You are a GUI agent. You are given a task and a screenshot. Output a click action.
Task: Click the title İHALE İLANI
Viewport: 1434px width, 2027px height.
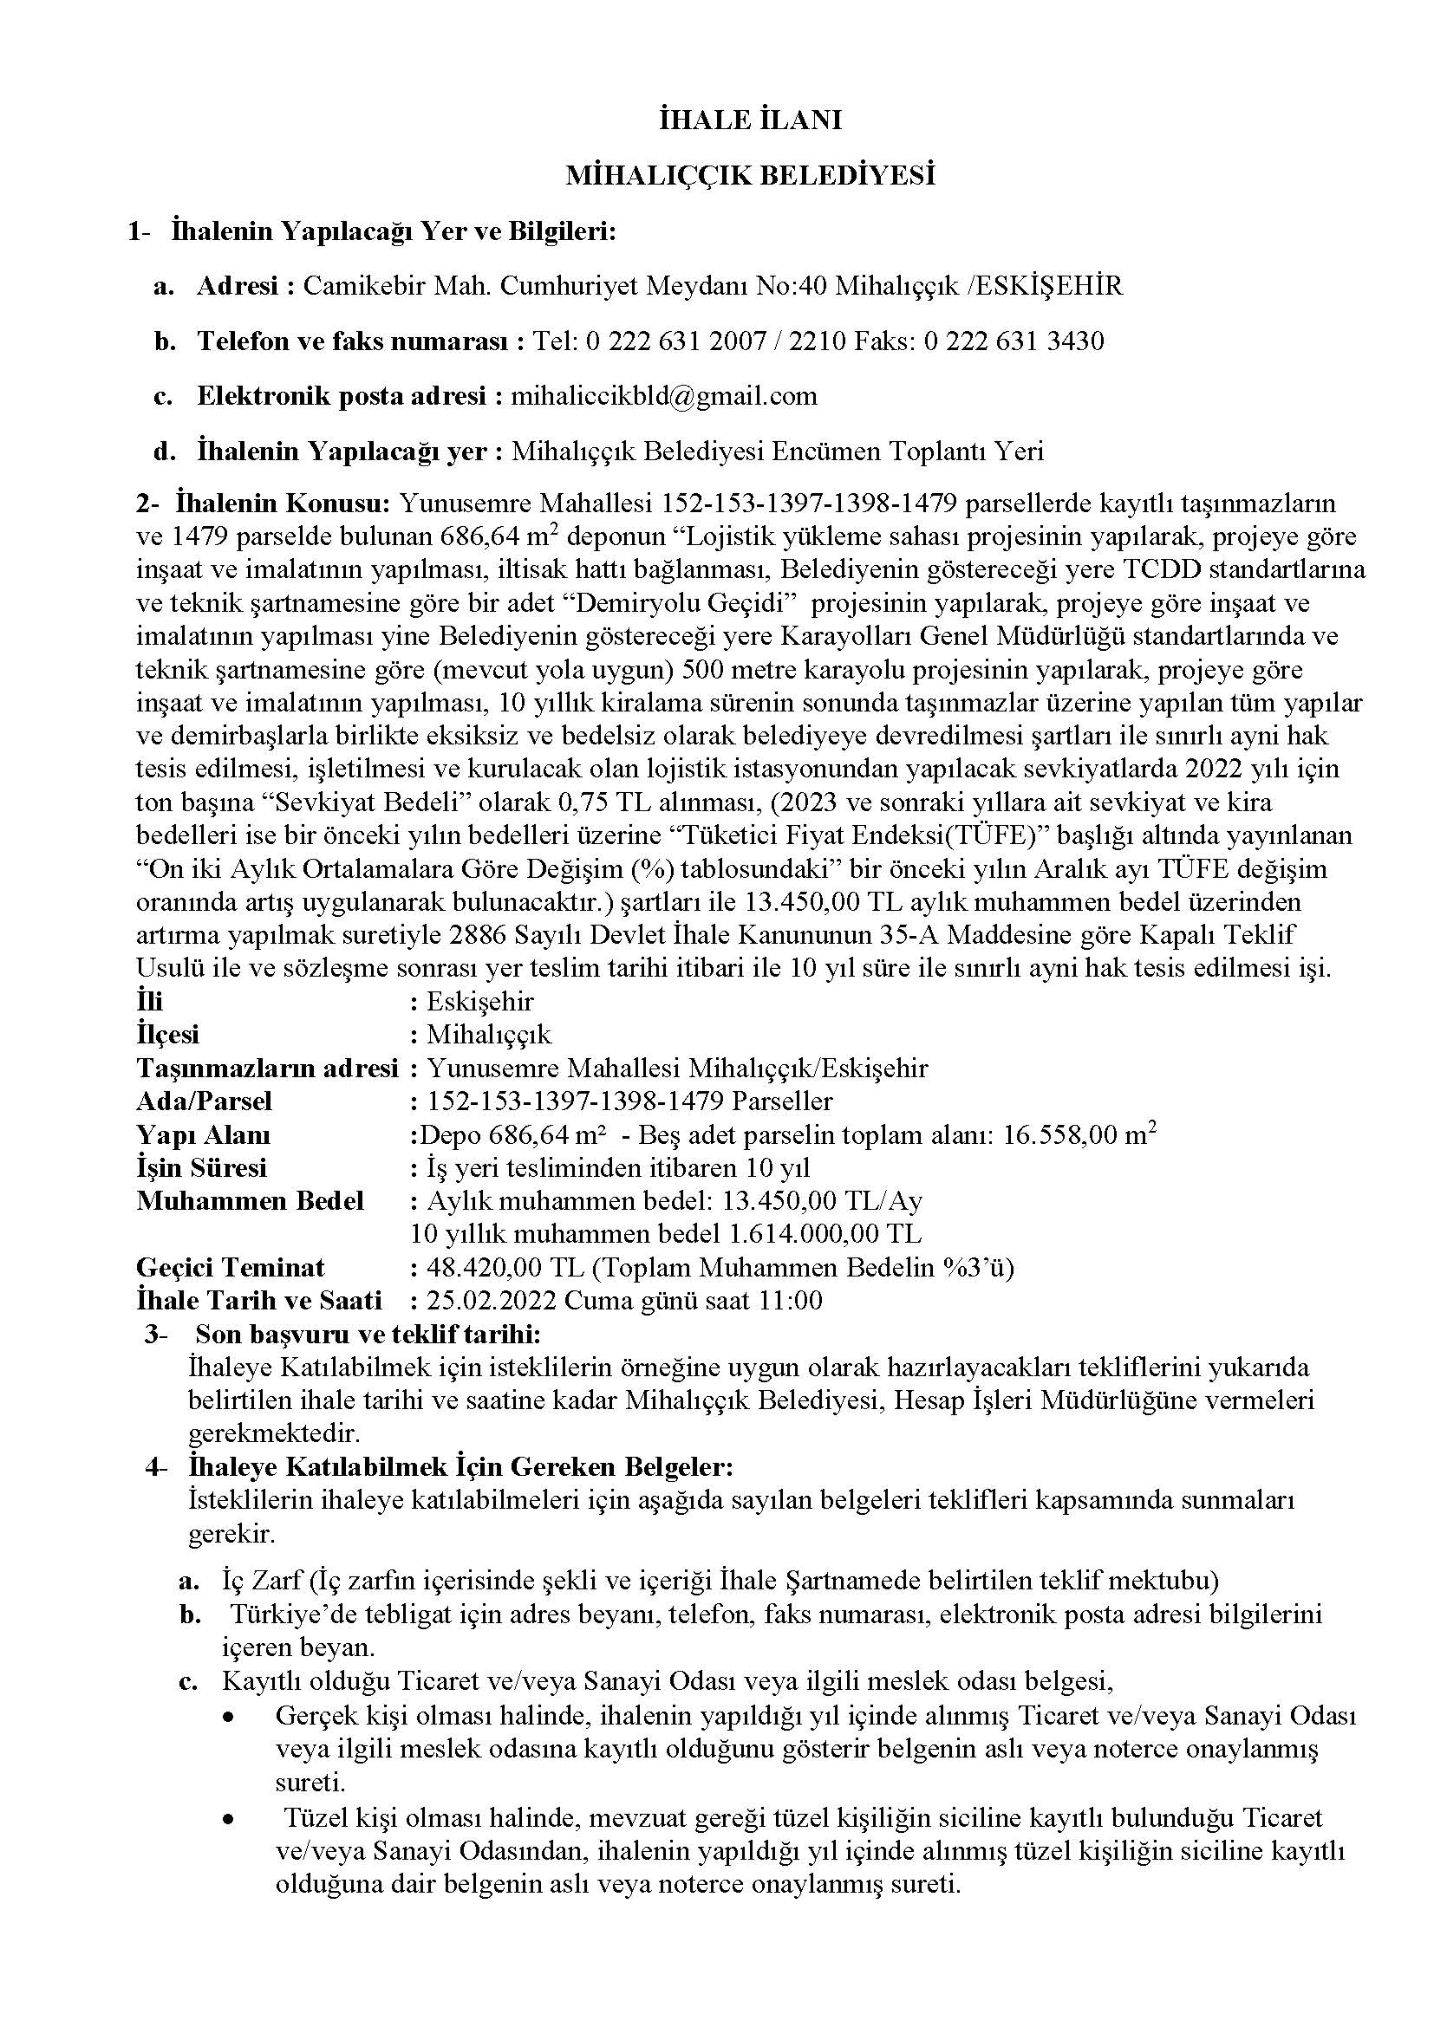(751, 121)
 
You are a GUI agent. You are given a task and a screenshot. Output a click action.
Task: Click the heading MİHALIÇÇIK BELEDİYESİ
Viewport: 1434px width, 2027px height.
(751, 177)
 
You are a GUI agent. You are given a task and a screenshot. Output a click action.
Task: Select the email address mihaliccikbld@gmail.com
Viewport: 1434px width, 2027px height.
(664, 395)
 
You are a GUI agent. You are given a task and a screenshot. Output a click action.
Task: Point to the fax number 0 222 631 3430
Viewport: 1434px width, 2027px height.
(1014, 341)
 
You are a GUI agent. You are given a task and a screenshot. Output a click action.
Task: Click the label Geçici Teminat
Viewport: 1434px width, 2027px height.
(231, 1268)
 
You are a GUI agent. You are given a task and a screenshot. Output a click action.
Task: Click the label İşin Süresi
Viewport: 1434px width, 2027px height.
(201, 1168)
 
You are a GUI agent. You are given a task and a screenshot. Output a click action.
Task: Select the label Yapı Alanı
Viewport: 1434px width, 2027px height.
(203, 1135)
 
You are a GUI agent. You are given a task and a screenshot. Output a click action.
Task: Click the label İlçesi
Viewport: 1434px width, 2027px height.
(168, 1035)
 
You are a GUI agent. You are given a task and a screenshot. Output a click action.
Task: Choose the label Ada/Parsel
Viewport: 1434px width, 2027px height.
(204, 1101)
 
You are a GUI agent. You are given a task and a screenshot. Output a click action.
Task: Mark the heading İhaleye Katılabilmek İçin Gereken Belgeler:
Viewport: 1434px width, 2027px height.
(460, 1467)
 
